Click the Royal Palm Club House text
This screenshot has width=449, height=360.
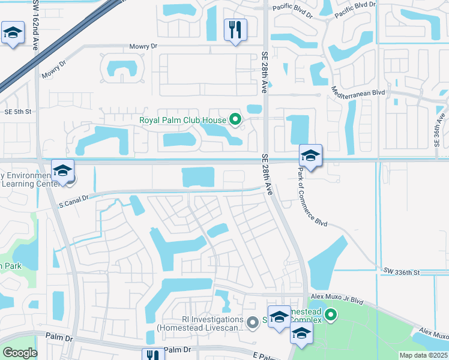(x=182, y=120)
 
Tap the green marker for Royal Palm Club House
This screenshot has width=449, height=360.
(x=235, y=120)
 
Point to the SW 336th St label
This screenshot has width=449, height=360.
(x=400, y=273)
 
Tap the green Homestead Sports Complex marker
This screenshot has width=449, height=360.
(x=330, y=314)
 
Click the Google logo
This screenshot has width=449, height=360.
(x=20, y=353)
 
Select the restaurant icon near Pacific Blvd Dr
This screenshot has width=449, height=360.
(x=235, y=29)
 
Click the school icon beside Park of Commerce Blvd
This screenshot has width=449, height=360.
(x=311, y=155)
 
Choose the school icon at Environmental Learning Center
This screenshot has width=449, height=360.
(x=62, y=170)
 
